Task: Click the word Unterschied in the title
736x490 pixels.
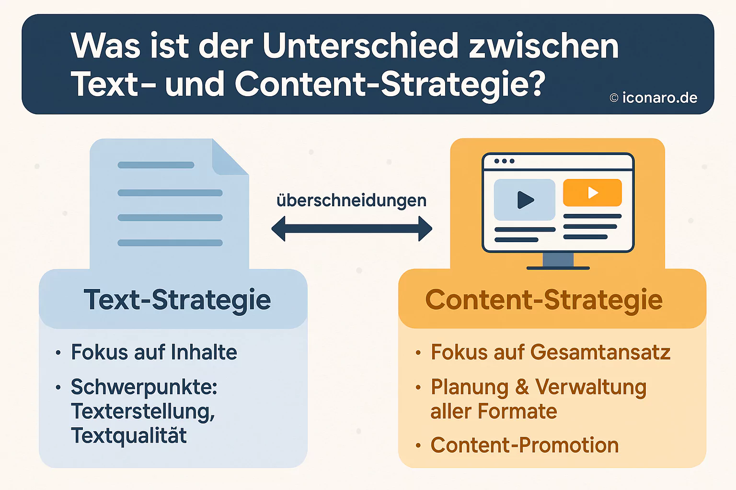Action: click(360, 46)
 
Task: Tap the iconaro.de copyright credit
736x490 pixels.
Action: click(654, 98)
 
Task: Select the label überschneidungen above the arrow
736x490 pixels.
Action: click(351, 200)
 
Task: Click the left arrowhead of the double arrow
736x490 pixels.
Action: click(279, 229)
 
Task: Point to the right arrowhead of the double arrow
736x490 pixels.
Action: click(425, 229)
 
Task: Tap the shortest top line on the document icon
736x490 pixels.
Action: click(156, 165)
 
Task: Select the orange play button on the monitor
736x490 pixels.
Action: click(592, 192)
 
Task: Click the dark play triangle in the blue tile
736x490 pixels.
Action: click(525, 200)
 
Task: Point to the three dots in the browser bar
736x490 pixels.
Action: click(504, 161)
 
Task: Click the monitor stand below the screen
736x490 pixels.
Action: click(558, 261)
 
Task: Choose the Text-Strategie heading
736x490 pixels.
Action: click(177, 300)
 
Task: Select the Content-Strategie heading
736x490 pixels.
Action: click(544, 300)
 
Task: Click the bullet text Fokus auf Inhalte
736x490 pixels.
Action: click(154, 352)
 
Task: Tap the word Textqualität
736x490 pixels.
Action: click(129, 435)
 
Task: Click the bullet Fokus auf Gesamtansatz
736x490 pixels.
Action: click(550, 352)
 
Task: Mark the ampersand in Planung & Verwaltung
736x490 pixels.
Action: click(522, 387)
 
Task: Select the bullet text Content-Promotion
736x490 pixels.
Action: click(524, 445)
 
